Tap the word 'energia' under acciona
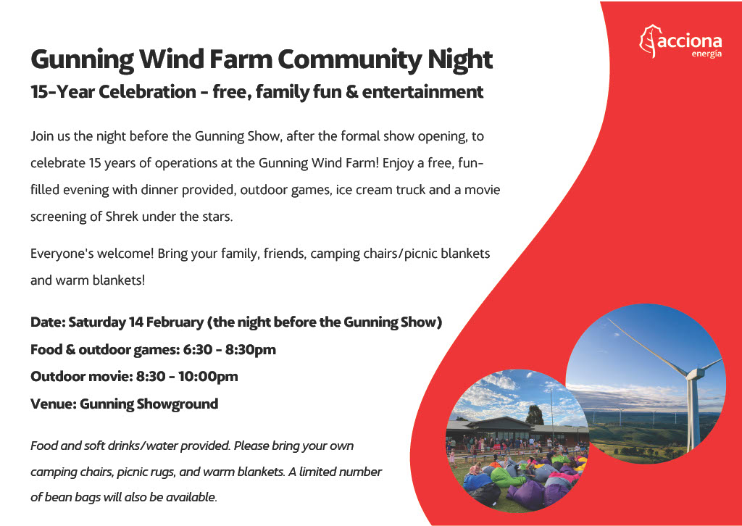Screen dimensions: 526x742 click(706, 55)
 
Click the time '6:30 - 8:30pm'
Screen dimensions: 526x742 click(230, 350)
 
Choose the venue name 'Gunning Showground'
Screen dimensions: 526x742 click(149, 404)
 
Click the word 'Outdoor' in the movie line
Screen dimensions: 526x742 click(55, 377)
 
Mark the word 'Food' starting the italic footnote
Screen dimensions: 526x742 click(44, 446)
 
